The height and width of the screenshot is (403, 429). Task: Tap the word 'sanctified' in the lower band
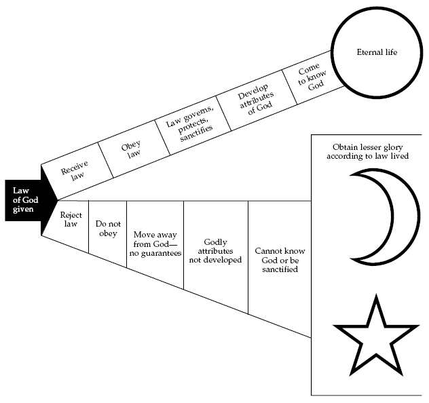278,269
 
